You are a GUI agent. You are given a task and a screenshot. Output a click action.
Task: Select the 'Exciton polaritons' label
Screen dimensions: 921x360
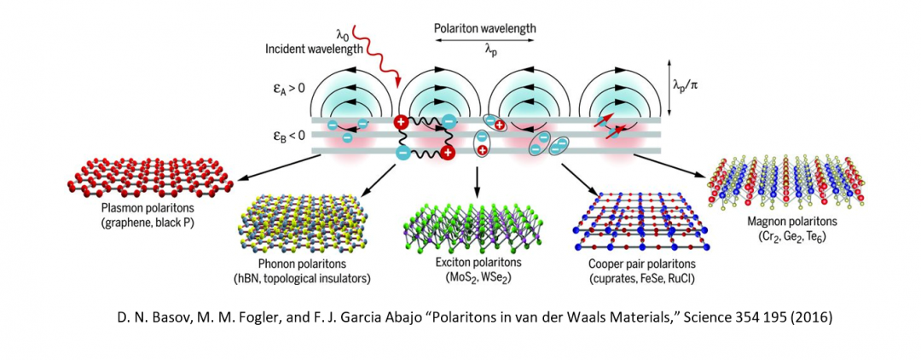[477, 261]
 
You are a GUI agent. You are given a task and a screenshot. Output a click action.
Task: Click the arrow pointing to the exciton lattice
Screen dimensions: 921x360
[477, 180]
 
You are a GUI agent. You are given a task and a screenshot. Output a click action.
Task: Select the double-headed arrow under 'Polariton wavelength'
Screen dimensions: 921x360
[484, 40]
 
